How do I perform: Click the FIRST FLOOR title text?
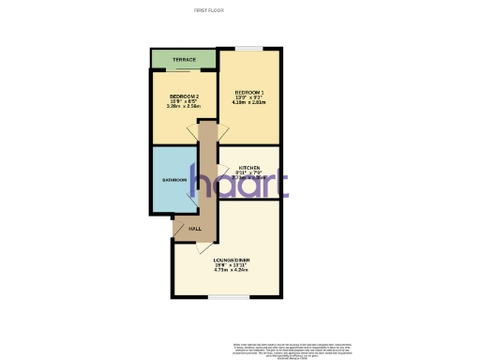click(206, 9)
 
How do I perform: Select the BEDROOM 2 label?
click(185, 97)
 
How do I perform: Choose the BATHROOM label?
click(174, 179)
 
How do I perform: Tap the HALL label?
click(195, 228)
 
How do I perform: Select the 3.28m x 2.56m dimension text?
click(185, 107)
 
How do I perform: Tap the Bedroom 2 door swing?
click(194, 133)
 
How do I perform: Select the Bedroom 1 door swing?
click(212, 134)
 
